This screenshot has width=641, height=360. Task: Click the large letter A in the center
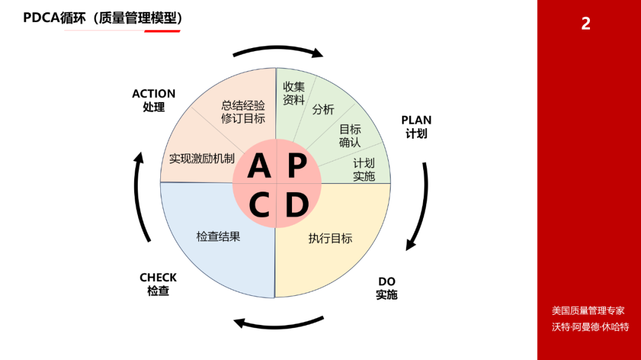[259, 165]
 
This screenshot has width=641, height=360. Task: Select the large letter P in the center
[297, 165]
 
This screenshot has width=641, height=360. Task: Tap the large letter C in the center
[259, 205]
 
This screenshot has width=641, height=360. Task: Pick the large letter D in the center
[297, 205]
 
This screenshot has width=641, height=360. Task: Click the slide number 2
[586, 24]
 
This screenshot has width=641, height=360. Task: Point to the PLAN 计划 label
[416, 127]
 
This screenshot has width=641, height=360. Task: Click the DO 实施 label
[387, 288]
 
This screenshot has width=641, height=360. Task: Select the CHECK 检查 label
[158, 284]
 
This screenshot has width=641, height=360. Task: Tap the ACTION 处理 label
[154, 100]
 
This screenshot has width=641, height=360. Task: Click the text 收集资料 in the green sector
[294, 93]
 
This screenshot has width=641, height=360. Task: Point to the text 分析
[323, 110]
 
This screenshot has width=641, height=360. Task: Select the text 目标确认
[350, 136]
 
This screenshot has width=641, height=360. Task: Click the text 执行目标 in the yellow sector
[331, 238]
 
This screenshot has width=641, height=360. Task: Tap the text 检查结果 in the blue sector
[218, 237]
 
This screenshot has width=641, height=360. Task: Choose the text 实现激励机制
[202, 158]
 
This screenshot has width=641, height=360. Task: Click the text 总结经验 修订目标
[243, 112]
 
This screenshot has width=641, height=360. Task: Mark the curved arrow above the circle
[278, 49]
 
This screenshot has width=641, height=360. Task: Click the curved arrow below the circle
[278, 326]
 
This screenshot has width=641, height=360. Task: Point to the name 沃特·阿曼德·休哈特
[591, 327]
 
